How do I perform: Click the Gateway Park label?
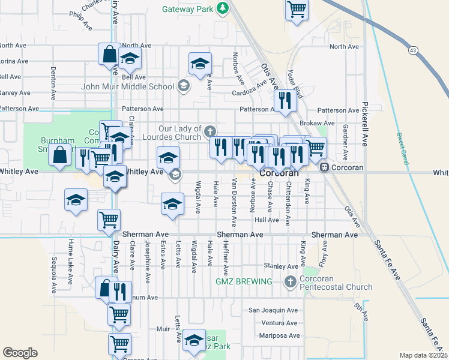pos(188,9)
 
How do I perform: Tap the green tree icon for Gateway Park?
pos(223,8)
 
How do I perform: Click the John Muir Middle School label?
pos(128,86)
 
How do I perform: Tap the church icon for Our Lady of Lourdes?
pos(209,130)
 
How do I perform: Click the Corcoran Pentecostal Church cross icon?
pos(290,281)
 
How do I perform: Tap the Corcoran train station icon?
pos(324,167)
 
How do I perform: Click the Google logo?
pos(20,353)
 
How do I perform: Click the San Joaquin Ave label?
pos(273,310)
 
